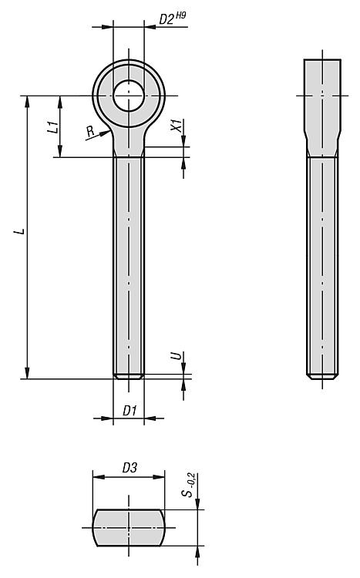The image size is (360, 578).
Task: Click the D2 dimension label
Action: pos(167,19)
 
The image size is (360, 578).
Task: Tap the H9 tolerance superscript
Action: pos(180,15)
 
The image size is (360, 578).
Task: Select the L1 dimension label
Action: pos(54,126)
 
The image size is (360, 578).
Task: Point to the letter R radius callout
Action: pos(89,130)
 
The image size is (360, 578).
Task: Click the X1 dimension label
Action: pos(177,126)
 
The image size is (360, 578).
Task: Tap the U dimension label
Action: pos(177,356)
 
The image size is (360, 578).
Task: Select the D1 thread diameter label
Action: pos(130,410)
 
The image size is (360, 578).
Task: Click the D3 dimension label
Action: pos(130,468)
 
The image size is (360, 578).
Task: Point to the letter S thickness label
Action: pos(188,492)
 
